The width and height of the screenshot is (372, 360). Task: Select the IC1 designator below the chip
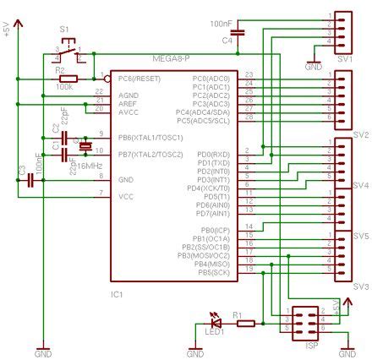click(x=118, y=294)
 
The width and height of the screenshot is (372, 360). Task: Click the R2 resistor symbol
click(x=67, y=79)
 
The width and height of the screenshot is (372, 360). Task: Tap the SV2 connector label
click(x=361, y=134)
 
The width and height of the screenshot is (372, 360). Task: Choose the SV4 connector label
click(x=361, y=184)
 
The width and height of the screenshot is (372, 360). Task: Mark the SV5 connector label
click(x=361, y=236)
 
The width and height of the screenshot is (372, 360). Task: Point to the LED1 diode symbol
click(x=216, y=322)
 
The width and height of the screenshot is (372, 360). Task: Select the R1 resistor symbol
click(x=246, y=322)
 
